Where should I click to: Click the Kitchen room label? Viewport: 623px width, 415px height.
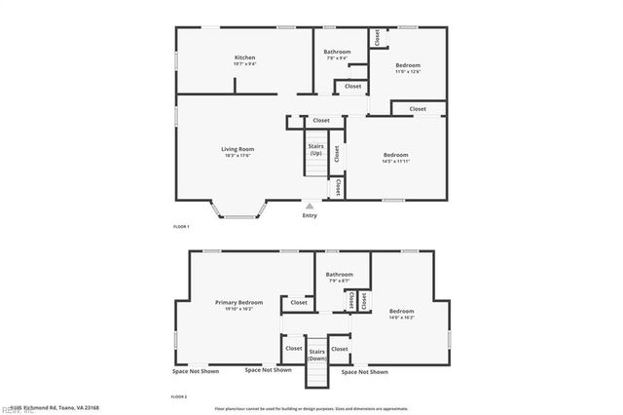tap(244, 57)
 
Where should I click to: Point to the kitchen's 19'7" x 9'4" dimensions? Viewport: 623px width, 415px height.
tap(244, 64)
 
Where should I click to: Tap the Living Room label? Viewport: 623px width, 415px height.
tap(238, 149)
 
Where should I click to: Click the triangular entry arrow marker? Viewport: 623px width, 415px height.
tap(310, 206)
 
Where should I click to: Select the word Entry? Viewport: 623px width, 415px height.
tap(310, 215)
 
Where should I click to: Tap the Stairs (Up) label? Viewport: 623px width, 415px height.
tap(316, 150)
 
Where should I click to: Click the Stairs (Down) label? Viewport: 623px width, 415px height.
tap(316, 354)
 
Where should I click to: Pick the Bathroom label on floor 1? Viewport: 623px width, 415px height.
tap(337, 52)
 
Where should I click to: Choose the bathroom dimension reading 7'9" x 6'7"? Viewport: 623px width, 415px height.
tap(340, 282)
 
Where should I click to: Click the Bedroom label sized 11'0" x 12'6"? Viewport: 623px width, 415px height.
tap(408, 65)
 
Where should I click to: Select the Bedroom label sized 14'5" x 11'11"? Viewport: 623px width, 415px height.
tap(395, 155)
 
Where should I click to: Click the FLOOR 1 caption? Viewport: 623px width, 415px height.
tap(181, 226)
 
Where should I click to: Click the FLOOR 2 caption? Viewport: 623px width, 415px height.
tap(179, 396)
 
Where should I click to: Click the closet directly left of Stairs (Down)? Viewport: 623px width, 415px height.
tap(293, 348)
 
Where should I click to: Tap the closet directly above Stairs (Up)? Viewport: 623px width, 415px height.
tap(320, 121)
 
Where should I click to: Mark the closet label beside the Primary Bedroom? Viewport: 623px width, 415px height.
tap(298, 303)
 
